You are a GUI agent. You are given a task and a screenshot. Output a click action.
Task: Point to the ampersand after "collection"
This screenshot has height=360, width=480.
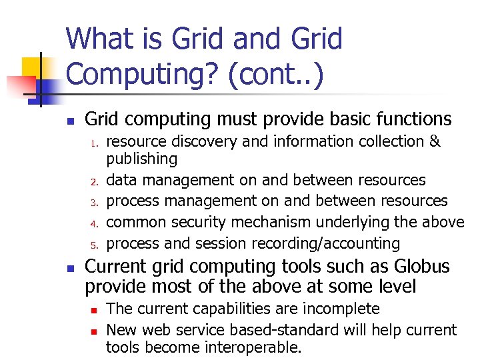(x=435, y=141)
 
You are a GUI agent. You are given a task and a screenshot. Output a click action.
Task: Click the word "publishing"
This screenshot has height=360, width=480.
(x=142, y=159)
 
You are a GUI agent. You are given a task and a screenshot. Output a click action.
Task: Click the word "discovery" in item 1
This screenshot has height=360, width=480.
(x=193, y=141)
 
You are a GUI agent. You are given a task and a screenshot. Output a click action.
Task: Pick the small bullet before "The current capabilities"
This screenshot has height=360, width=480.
(x=95, y=310)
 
